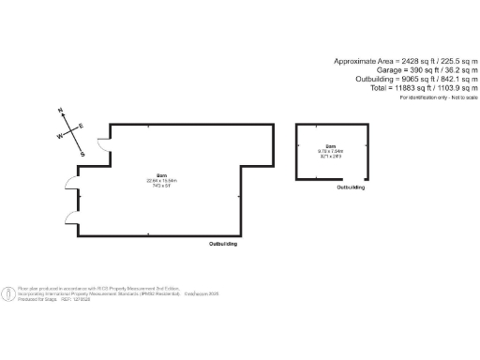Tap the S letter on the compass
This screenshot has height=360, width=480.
click(82, 154)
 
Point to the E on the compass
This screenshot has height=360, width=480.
click(81, 126)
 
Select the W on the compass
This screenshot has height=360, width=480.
click(61, 136)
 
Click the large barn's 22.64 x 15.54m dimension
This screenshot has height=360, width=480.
click(161, 180)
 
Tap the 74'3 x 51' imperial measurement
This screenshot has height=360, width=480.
click(161, 186)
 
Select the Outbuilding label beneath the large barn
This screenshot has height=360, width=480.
click(222, 244)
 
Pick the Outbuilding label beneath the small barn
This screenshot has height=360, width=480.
click(352, 188)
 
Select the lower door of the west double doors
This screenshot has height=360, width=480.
click(70, 217)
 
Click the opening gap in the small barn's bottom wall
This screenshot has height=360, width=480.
click(348, 181)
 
